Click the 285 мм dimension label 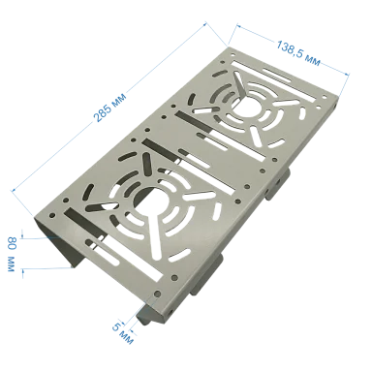109,108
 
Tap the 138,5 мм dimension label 298,53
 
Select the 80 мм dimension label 12,254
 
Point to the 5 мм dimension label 123,333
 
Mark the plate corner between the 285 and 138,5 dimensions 229,47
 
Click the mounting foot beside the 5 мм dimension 146,313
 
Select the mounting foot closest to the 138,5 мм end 278,183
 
